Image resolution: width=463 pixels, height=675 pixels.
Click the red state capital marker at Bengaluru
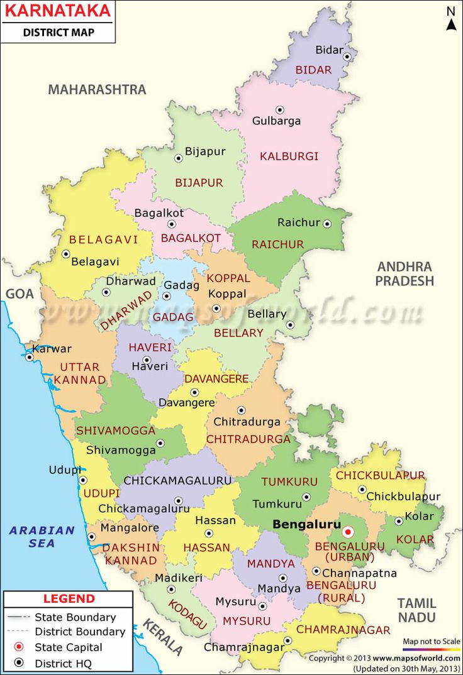(348, 532)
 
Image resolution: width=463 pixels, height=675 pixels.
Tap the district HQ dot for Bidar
(347, 57)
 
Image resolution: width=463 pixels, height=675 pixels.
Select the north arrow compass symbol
(451, 19)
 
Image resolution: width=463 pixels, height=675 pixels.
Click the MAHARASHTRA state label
(97, 89)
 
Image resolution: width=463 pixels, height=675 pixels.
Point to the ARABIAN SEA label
(42, 536)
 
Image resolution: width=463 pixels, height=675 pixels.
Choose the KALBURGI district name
(289, 156)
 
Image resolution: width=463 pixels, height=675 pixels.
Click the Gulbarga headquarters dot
(280, 109)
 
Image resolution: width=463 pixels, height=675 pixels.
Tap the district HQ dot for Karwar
(29, 357)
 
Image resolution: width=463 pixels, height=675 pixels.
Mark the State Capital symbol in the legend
(20, 647)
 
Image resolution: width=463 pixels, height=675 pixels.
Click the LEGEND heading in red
(69, 599)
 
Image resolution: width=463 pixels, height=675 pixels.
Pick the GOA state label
(19, 294)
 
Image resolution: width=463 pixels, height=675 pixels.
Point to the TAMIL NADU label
(416, 610)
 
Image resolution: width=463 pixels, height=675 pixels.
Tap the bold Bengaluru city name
(306, 524)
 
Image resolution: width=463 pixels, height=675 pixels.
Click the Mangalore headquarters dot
(92, 537)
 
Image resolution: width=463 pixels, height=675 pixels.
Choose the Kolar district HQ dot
(398, 521)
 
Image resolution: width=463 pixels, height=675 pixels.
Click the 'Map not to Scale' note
(432, 640)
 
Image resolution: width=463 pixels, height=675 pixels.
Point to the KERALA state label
(162, 637)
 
